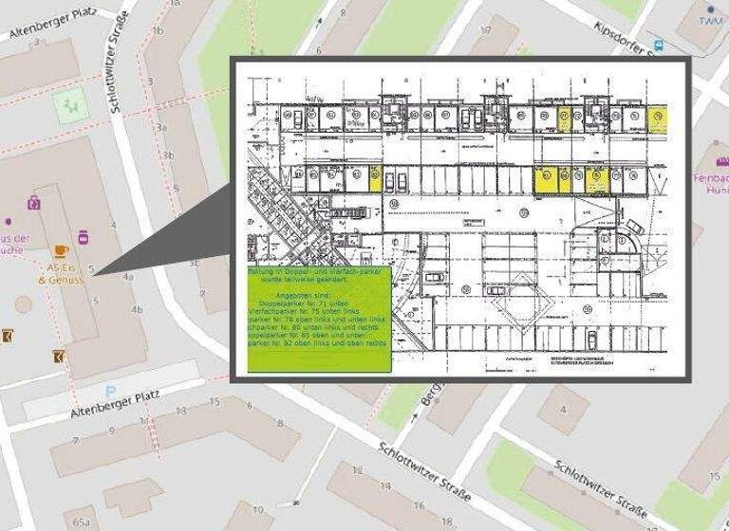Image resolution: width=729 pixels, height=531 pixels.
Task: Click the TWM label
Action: point(710,21)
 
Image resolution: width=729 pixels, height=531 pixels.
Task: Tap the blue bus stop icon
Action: point(659,44)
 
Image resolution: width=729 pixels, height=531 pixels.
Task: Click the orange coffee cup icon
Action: point(62,250)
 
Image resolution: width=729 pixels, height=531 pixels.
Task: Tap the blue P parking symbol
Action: point(111,391)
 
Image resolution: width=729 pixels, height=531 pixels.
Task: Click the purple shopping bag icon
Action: point(34,201)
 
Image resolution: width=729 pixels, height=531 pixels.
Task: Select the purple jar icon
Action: point(84,235)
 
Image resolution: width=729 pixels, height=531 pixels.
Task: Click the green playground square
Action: point(67,108)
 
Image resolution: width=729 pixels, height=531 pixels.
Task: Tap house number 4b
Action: point(137,310)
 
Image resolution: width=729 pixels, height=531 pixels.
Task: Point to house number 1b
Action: point(158,30)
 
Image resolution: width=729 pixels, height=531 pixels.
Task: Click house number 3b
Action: point(168,155)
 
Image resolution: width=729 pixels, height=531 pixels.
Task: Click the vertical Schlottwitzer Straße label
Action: point(120,71)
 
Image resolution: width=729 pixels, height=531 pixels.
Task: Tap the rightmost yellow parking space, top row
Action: point(656,118)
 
